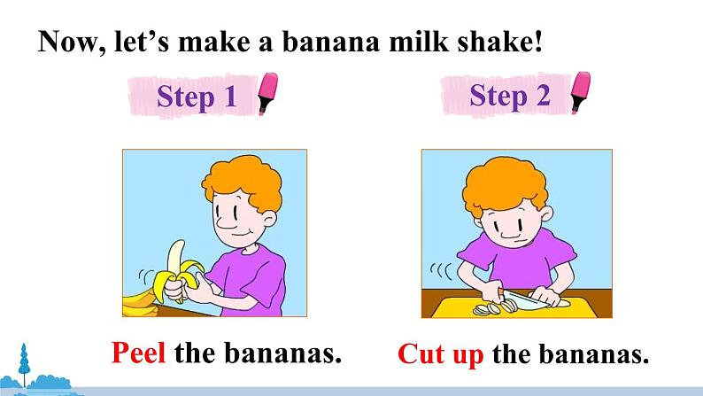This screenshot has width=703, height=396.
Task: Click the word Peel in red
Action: point(138,353)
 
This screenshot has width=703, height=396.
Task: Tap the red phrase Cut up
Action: point(441,354)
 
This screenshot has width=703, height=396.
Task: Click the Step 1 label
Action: point(197,97)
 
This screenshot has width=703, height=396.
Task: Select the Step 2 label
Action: point(510,96)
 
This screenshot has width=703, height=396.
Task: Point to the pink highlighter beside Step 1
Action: point(267,93)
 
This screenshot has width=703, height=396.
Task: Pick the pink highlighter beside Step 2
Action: point(581,92)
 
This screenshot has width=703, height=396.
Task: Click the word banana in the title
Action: point(331,42)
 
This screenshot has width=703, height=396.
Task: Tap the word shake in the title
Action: point(496,42)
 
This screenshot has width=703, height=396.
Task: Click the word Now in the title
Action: point(73,43)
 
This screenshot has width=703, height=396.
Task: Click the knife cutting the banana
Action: point(524,298)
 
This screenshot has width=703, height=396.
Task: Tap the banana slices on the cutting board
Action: point(496,307)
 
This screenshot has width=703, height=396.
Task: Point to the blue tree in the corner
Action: point(24,364)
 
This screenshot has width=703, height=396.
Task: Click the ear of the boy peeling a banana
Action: point(269,219)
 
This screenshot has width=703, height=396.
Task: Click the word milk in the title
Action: point(418,42)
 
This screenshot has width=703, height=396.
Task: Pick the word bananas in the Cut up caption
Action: point(593,354)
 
